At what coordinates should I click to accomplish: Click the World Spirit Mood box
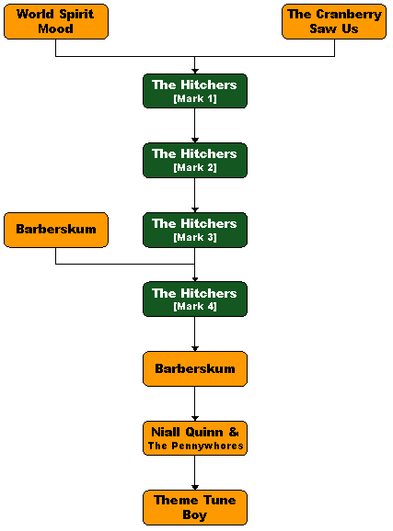(56, 21)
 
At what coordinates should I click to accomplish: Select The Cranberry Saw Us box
(334, 21)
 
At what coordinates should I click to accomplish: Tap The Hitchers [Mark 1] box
(195, 91)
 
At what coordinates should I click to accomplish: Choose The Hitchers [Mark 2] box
(195, 160)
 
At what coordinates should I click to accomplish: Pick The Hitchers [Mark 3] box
(195, 230)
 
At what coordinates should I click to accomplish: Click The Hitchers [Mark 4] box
(195, 299)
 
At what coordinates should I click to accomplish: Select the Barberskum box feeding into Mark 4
(56, 230)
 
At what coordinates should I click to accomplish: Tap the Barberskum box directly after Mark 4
(195, 368)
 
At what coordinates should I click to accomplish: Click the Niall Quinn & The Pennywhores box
(195, 438)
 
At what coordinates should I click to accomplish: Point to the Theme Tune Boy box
(195, 507)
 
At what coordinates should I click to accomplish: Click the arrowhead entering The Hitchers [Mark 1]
(195, 71)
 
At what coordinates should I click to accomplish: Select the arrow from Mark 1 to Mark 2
(195, 125)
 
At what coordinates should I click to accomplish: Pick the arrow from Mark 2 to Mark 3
(195, 195)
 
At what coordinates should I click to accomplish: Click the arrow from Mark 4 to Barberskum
(195, 333)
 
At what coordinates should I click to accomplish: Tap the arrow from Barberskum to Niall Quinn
(195, 403)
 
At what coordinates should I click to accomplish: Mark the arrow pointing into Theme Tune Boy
(195, 473)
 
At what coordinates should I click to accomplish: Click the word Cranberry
(349, 15)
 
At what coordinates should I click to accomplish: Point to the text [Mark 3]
(195, 237)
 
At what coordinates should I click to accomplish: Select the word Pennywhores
(207, 446)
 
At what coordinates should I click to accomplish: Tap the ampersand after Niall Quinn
(234, 432)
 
